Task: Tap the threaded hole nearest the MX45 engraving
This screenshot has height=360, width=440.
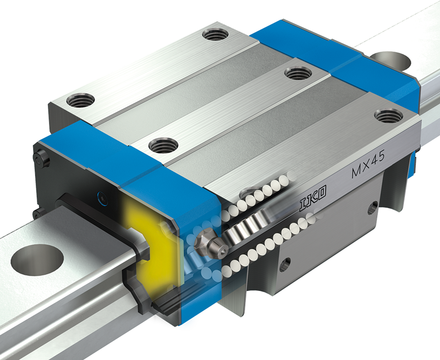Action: pyautogui.click(x=389, y=116)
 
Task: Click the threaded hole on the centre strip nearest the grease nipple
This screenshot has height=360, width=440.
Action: pyautogui.click(x=163, y=145)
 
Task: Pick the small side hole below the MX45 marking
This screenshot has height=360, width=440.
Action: pyautogui.click(x=373, y=207)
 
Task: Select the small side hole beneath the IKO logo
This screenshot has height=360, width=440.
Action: pyautogui.click(x=284, y=265)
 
